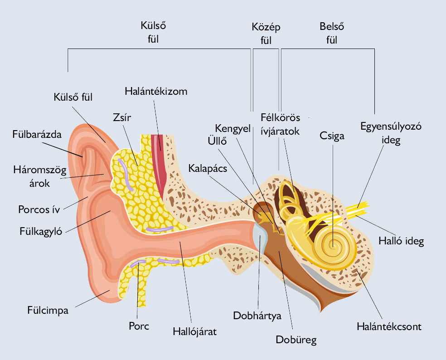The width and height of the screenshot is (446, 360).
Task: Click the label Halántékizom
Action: click(156, 91)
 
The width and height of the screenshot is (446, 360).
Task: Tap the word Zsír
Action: click(122, 117)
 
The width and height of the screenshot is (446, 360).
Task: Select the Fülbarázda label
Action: click(37, 134)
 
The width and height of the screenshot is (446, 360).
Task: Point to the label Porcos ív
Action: click(39, 209)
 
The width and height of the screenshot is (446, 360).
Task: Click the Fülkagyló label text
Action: click(41, 231)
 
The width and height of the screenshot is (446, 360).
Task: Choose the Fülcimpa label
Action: click(48, 310)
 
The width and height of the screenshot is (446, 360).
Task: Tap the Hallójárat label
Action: click(194, 331)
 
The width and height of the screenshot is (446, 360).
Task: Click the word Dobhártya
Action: click(257, 316)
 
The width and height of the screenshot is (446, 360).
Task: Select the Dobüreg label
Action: click(296, 340)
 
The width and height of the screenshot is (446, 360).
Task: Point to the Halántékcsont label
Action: click(389, 326)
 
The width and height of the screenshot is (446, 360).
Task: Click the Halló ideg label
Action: click(401, 241)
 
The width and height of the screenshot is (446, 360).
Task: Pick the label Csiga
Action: click(332, 136)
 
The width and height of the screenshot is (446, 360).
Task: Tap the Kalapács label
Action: click(208, 169)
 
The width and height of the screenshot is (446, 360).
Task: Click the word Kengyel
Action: click(233, 129)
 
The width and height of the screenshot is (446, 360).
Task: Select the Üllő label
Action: click(217, 141)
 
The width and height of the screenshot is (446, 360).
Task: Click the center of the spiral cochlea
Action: click(333, 245)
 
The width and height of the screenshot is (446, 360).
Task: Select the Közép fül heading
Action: click(266, 34)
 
